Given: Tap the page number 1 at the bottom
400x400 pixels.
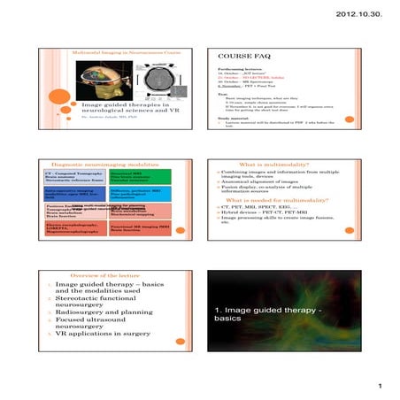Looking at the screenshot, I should pos(378,385).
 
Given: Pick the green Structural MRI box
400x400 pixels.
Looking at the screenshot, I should pos(132,177).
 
